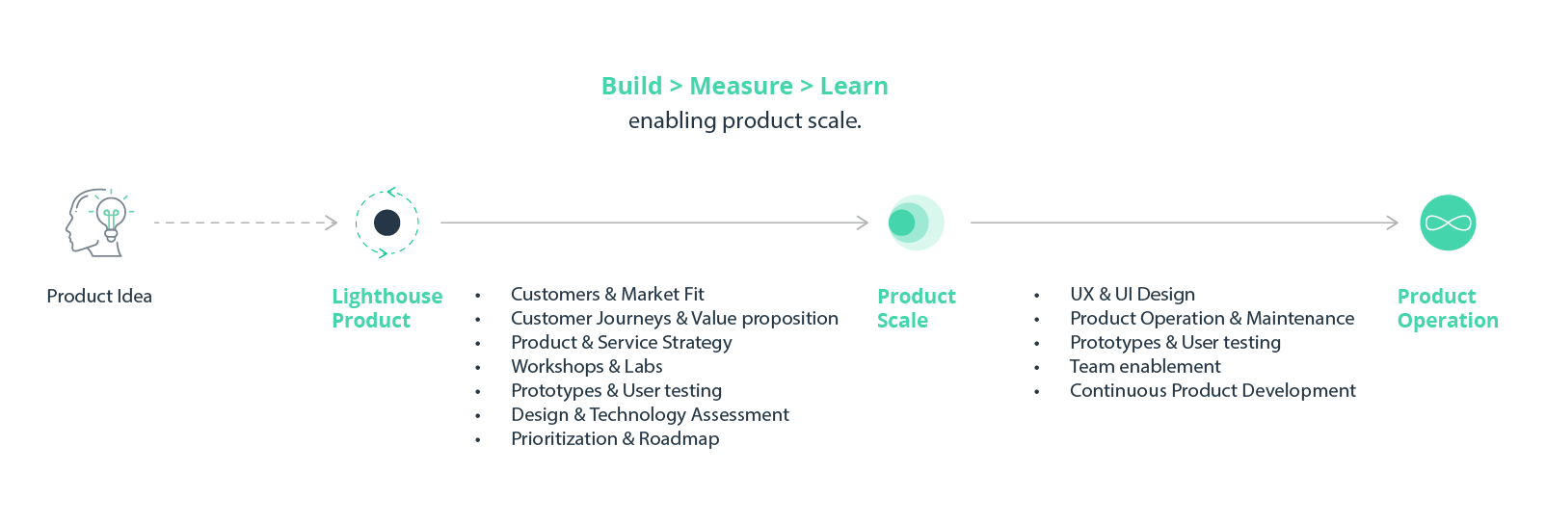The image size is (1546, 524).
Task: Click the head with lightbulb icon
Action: (98, 222)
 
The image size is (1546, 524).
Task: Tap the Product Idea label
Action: (99, 296)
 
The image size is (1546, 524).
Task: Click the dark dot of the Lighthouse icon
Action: (386, 223)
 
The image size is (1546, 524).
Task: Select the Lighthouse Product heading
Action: (386, 308)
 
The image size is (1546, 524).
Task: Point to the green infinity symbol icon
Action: (1448, 223)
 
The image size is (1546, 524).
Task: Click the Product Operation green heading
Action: (1447, 308)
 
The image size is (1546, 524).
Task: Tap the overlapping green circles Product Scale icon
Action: (914, 223)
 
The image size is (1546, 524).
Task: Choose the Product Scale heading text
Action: (916, 308)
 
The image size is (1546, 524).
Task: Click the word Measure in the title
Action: (741, 86)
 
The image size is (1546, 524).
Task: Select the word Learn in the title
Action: (854, 86)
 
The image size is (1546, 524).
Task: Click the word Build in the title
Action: (631, 86)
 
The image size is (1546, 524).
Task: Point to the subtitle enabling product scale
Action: (744, 120)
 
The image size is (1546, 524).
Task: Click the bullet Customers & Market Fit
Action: (607, 294)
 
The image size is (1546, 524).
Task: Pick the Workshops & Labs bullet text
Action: (586, 366)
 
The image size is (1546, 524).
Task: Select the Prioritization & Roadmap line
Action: (615, 438)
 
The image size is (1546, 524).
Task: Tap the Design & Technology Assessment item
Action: (650, 414)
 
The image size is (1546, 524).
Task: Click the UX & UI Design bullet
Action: (1132, 294)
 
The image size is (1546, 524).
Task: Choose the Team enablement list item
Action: (1144, 366)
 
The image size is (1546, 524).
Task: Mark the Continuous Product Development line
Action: (1212, 390)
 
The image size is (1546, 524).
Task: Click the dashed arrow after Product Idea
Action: (245, 223)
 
